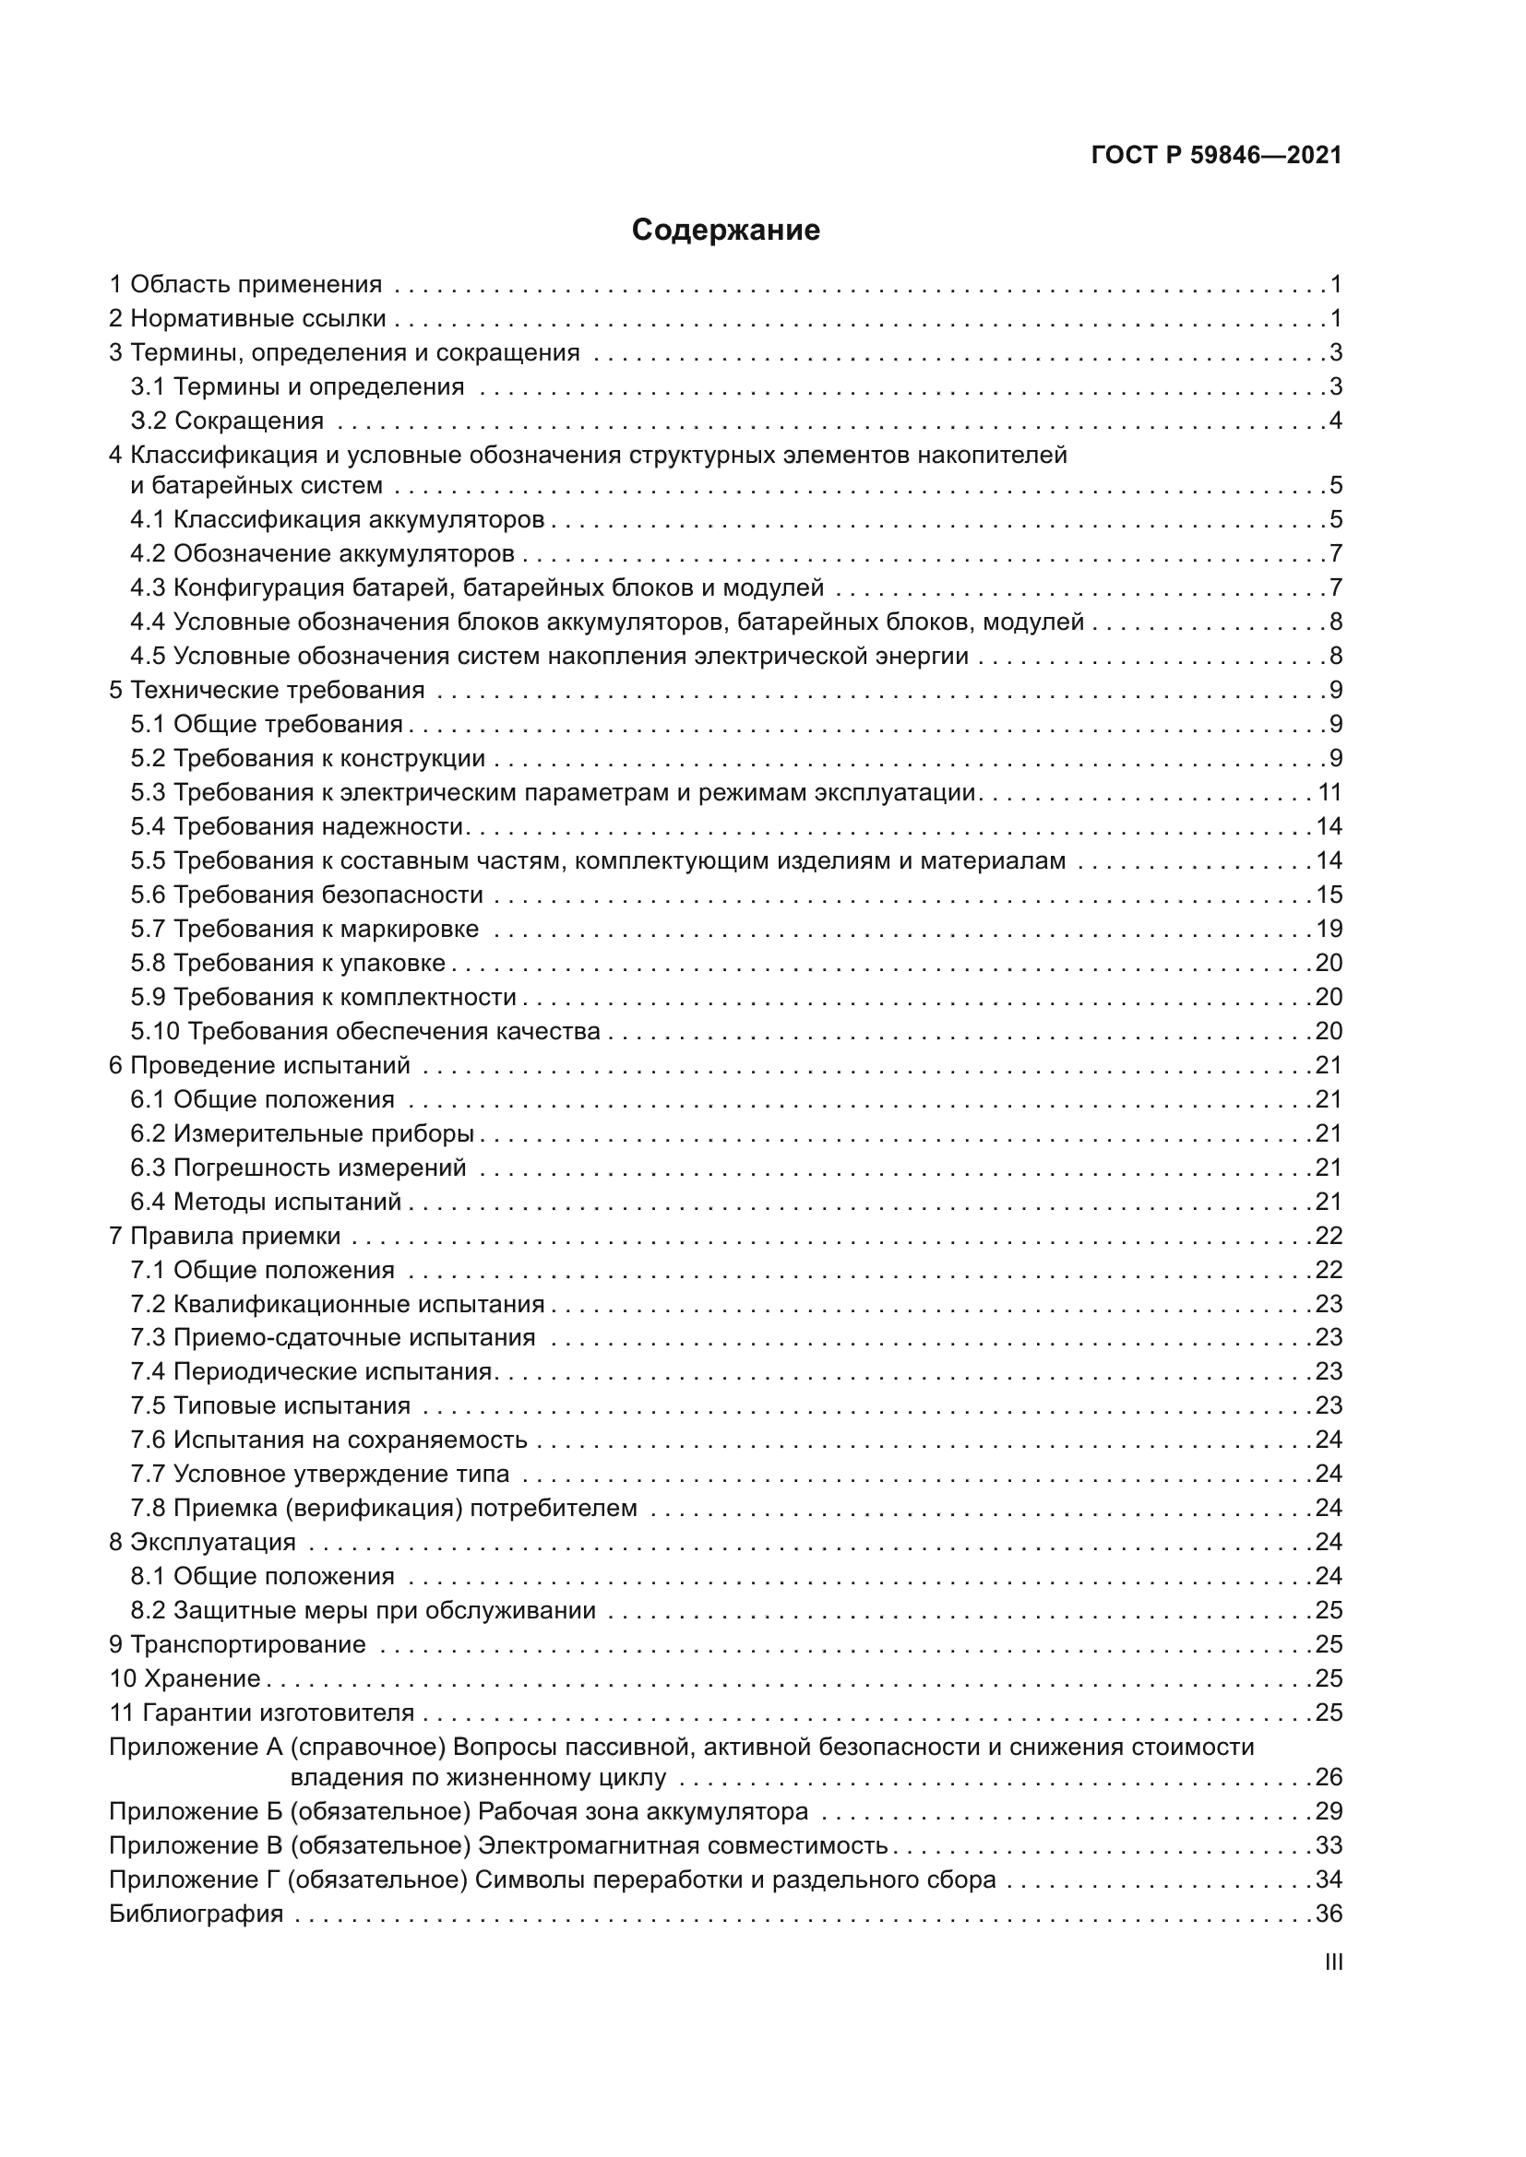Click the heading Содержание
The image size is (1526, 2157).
click(725, 231)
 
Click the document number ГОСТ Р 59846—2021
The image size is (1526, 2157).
click(1217, 156)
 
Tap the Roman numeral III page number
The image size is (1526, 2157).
click(1332, 1962)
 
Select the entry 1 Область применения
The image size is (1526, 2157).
click(246, 285)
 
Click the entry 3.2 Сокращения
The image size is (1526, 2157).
click(227, 421)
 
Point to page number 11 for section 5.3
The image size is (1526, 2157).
click(1329, 793)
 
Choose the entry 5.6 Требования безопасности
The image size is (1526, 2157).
click(307, 895)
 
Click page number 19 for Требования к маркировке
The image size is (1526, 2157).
click(1329, 930)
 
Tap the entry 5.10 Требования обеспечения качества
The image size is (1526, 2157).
click(365, 1032)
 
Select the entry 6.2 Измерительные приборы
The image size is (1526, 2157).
click(303, 1134)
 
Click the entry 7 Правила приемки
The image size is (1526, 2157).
click(225, 1237)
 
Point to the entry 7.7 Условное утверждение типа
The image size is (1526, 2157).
click(320, 1474)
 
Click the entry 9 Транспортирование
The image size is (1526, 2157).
click(238, 1645)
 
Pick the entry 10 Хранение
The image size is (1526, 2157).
click(185, 1678)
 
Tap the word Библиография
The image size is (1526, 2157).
click(197, 1914)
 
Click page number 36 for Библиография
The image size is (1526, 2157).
click(1329, 1914)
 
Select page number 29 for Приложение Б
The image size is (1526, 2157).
click(1329, 1811)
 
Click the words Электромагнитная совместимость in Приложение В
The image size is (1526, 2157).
click(683, 1845)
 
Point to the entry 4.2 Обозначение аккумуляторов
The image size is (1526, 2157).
click(322, 554)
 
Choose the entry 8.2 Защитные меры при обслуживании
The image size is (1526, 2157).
click(364, 1610)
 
